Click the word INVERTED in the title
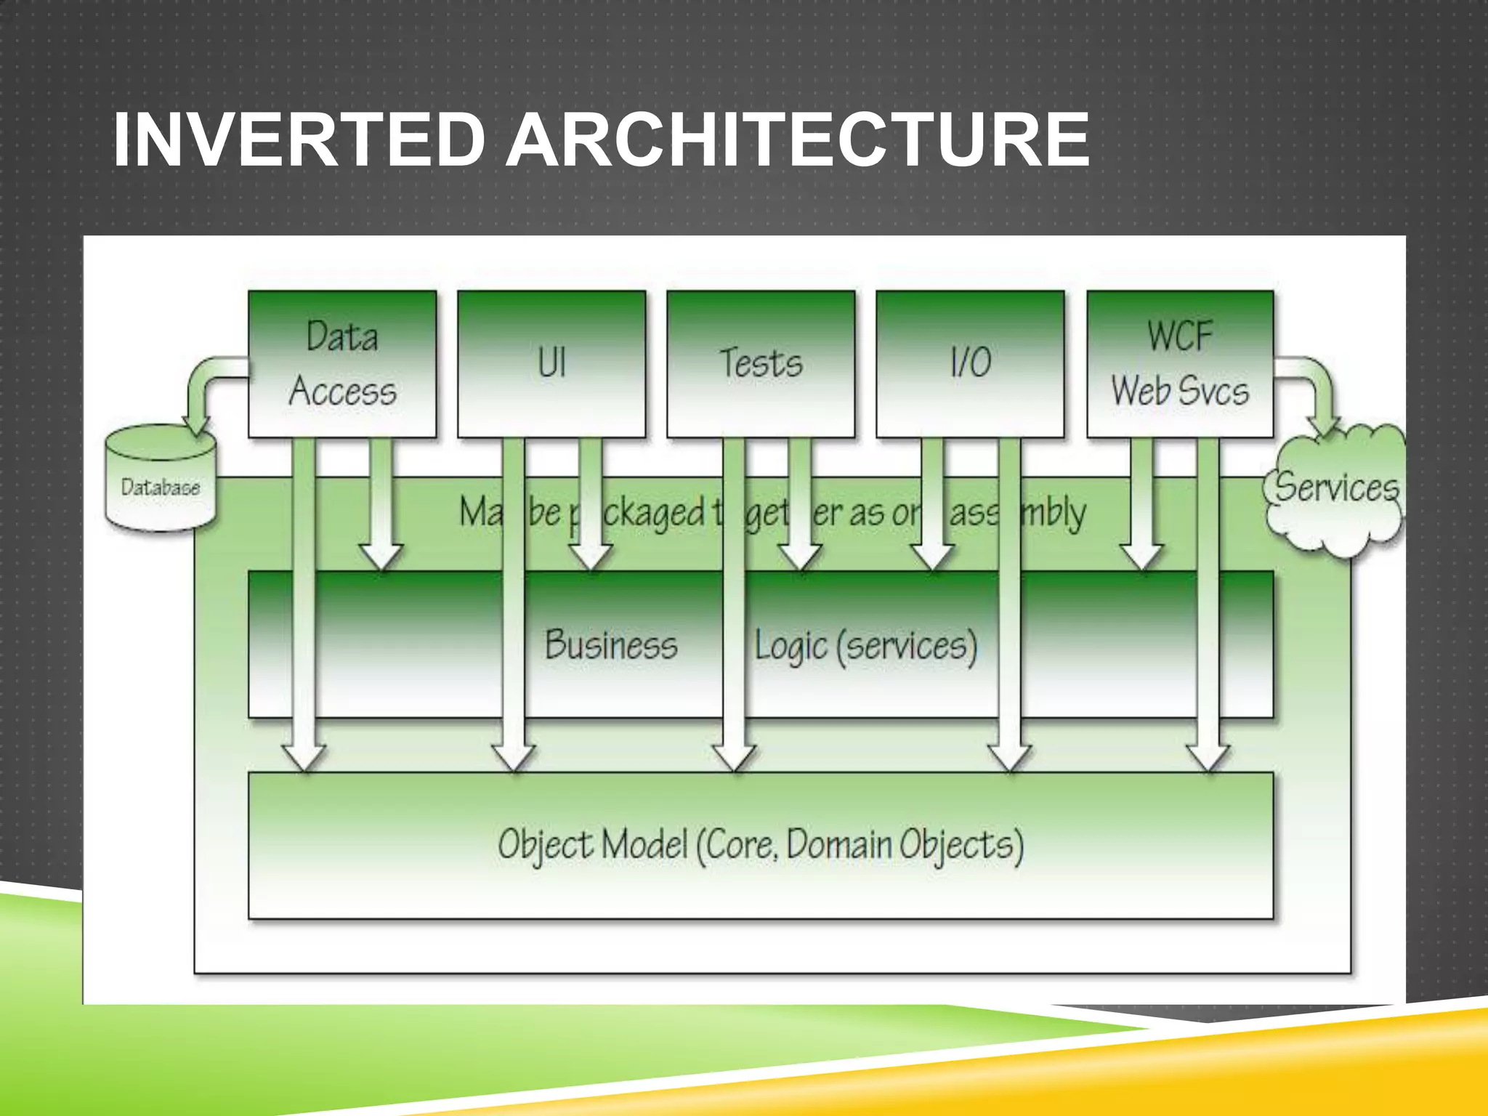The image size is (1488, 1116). [x=298, y=140]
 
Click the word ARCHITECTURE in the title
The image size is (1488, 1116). [x=797, y=140]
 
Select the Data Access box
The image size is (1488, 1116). [x=342, y=363]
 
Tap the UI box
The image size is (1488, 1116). [x=551, y=363]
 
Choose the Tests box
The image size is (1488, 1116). [x=761, y=363]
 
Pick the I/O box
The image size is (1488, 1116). [x=970, y=363]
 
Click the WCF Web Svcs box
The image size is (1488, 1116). [x=1180, y=363]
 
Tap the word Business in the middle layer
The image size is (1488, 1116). [x=610, y=645]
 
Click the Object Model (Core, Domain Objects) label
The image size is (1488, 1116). [x=761, y=845]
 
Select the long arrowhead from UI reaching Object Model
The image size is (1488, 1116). [x=514, y=756]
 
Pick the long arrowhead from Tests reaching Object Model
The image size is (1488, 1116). [x=734, y=756]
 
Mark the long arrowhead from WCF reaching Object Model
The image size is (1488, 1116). [x=1208, y=756]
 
